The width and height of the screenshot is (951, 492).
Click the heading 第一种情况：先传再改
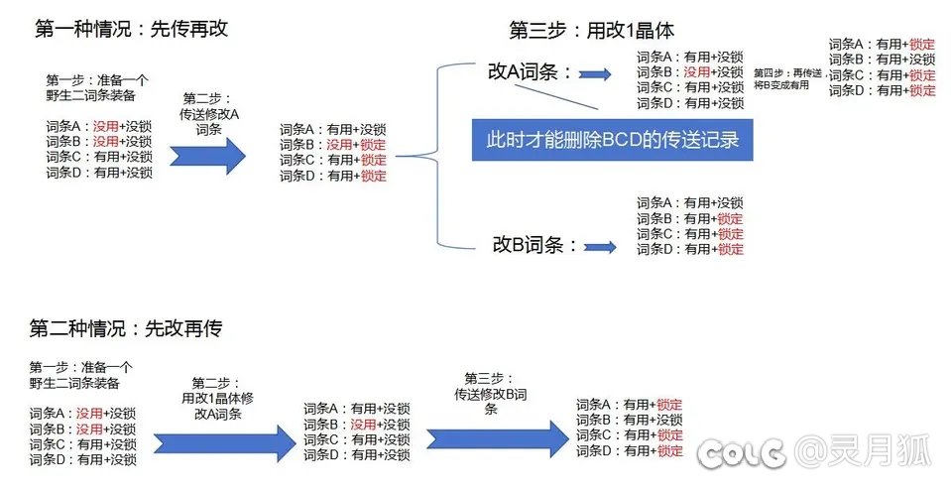coord(132,28)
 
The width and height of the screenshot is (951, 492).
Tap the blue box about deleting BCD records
coord(611,139)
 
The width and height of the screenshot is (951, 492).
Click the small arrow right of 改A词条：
coord(595,73)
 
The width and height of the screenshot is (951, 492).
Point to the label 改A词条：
coord(530,72)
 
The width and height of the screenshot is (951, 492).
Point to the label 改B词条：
coord(535,244)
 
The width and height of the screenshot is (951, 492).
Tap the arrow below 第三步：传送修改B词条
coord(495,435)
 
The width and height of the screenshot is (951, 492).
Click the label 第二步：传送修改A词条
coord(208,113)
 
